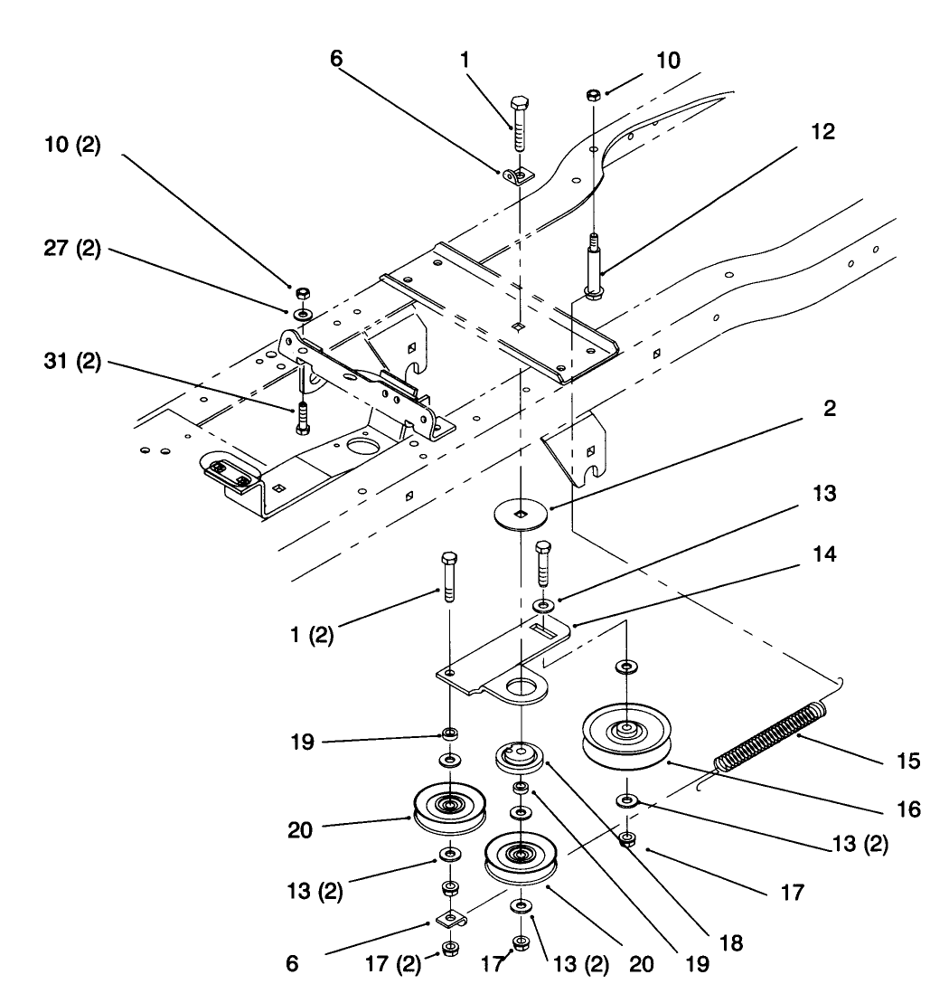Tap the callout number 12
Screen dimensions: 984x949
click(822, 132)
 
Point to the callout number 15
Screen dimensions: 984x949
click(908, 762)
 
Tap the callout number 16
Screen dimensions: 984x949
click(908, 810)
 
